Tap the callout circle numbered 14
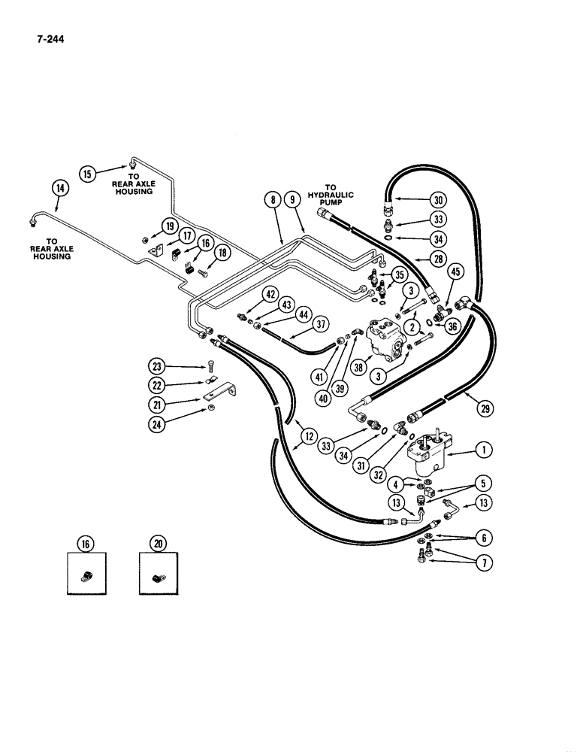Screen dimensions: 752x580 pyautogui.click(x=59, y=188)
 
